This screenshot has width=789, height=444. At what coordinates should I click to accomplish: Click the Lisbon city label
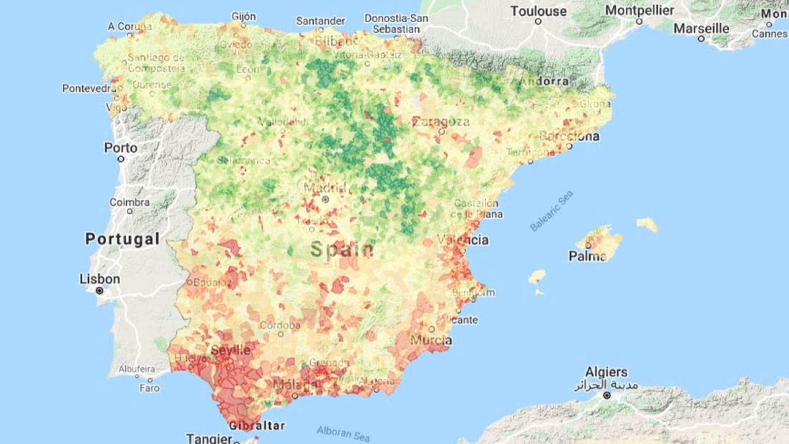coord(100,279)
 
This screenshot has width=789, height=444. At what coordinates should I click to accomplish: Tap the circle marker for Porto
coord(121,159)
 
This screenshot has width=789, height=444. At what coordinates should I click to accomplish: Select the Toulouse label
coord(538,11)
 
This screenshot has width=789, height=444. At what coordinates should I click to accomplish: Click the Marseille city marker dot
coord(701,39)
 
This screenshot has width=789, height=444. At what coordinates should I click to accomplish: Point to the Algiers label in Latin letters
coord(606,372)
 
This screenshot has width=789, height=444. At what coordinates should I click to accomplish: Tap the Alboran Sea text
coord(343,434)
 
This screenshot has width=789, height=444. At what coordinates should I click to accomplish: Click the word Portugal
coord(122,239)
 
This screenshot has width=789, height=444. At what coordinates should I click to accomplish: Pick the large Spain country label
coord(342,249)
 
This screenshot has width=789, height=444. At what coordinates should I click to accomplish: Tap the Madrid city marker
coord(325,200)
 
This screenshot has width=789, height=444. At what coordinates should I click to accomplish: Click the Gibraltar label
coord(257,426)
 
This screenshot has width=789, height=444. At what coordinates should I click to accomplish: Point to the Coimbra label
coord(129,202)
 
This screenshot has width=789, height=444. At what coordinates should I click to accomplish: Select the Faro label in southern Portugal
coord(149,388)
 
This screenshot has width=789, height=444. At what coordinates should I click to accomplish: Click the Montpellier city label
coord(639,10)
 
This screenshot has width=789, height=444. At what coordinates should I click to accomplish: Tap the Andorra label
coord(544,81)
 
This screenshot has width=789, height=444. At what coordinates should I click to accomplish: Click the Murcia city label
coord(430,340)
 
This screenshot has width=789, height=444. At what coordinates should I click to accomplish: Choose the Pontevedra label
coord(89,88)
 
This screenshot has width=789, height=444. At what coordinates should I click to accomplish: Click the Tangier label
coord(209,438)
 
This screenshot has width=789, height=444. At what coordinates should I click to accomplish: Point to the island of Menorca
coord(647,225)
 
